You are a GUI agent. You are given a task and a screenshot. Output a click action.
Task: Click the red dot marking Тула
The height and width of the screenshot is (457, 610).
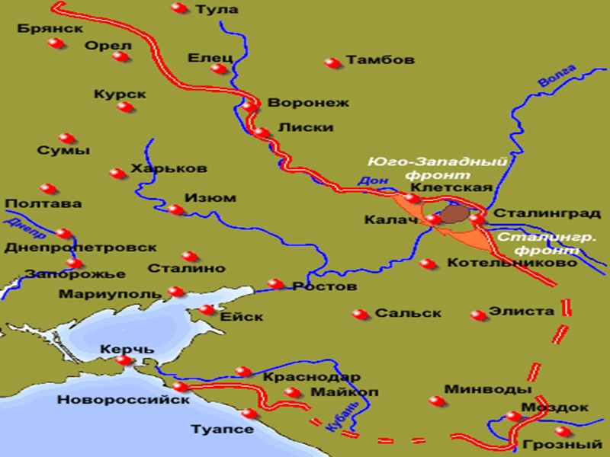[x=178, y=8]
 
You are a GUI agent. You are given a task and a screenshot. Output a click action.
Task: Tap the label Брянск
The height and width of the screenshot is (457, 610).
[x=49, y=28]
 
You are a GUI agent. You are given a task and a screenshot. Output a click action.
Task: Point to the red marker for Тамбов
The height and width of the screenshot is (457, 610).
[x=331, y=62]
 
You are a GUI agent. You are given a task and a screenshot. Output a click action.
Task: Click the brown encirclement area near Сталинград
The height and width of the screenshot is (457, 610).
[x=455, y=214]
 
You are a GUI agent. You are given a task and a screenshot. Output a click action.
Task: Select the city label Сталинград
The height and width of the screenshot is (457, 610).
[x=541, y=214]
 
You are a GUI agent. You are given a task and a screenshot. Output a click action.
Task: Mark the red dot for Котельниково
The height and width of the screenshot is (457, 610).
[x=428, y=264]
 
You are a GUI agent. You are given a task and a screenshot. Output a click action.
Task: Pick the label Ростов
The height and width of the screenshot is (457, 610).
[x=325, y=287]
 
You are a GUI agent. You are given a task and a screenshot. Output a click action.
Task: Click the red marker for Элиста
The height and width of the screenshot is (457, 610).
[x=478, y=315]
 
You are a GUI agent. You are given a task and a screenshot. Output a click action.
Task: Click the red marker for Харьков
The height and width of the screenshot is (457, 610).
[x=117, y=174]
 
